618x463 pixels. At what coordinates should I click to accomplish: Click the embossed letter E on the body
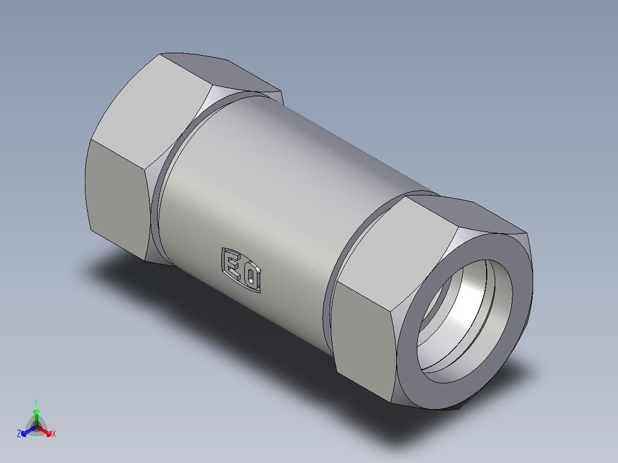click(232, 264)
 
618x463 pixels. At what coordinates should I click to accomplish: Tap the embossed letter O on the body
click(252, 277)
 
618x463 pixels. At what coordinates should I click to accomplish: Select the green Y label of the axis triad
click(36, 403)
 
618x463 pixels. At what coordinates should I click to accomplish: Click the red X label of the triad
click(54, 434)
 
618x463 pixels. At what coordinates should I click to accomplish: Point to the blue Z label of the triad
click(19, 434)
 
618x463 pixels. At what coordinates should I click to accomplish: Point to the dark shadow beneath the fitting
click(201, 309)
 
